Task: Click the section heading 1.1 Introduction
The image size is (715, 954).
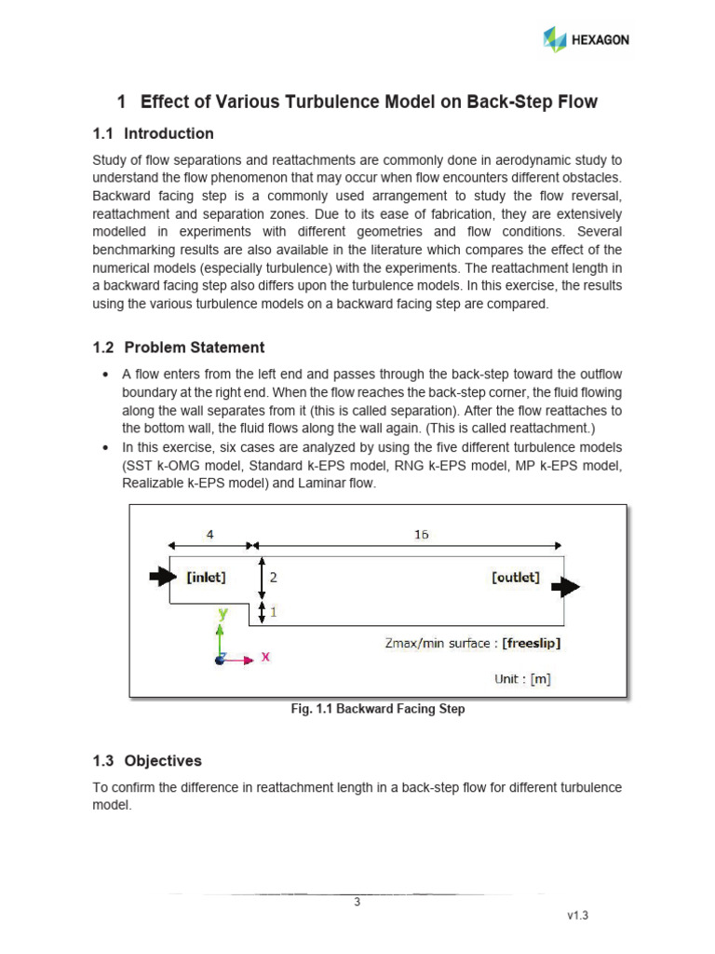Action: click(x=154, y=133)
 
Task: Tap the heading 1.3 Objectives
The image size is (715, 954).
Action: click(x=147, y=760)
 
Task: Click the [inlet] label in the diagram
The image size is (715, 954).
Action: click(x=206, y=577)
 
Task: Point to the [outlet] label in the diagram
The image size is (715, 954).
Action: click(x=515, y=577)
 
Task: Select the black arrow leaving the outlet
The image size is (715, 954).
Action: click(x=565, y=586)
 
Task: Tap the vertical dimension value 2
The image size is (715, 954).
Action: click(x=274, y=577)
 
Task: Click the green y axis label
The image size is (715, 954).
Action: click(x=223, y=614)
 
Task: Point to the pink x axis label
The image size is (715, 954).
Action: click(x=265, y=656)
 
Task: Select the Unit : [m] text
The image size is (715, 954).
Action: click(x=522, y=679)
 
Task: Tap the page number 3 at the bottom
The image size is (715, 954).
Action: click(x=357, y=901)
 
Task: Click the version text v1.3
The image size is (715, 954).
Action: click(x=578, y=916)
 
